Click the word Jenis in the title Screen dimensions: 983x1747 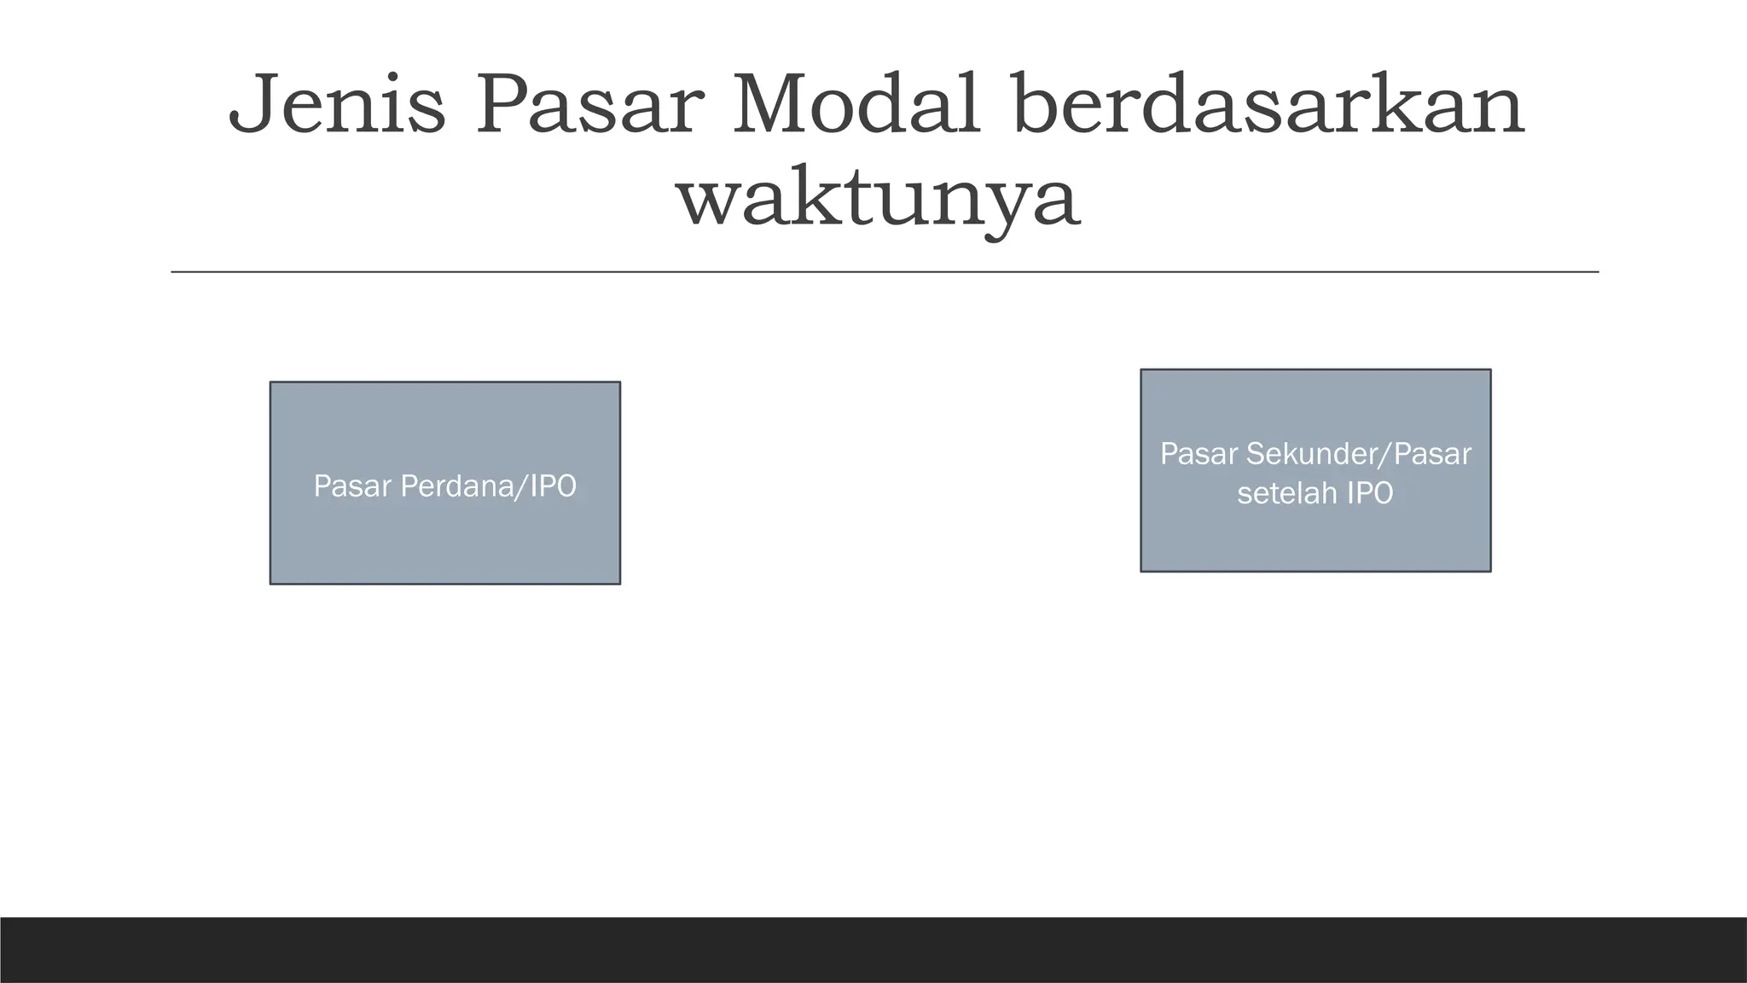click(x=337, y=106)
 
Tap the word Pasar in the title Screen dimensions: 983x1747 click(x=589, y=106)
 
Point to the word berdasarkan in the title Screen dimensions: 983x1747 click(x=1268, y=106)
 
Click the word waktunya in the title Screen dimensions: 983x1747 click(x=879, y=200)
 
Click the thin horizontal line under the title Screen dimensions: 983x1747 click(x=885, y=272)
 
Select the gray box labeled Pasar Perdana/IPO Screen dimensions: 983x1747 click(x=444, y=546)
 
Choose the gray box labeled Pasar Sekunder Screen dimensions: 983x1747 click(x=1315, y=538)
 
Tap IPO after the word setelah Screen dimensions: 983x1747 click(x=1370, y=493)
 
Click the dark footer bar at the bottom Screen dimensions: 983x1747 click(x=873, y=950)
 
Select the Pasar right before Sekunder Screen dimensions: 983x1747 click(x=1199, y=454)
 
